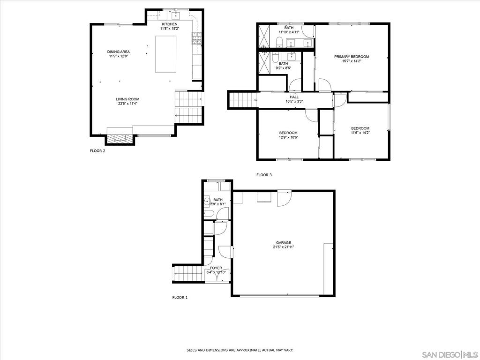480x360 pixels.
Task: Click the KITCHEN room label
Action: (x=169, y=24)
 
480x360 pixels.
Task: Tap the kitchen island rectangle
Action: (x=165, y=54)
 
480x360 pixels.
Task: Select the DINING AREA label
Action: (x=118, y=52)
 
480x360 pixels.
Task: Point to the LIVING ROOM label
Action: (x=127, y=99)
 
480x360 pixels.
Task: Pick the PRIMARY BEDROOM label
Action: (x=352, y=57)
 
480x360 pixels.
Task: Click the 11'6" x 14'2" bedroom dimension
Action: (x=360, y=133)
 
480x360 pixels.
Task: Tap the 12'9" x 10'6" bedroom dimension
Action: (x=288, y=137)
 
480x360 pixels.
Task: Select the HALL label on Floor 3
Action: (x=294, y=97)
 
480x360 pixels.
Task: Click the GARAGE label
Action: (x=284, y=242)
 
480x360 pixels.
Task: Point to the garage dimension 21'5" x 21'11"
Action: (x=284, y=247)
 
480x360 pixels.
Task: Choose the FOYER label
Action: (x=216, y=268)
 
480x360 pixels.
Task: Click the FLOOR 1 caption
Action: (x=180, y=297)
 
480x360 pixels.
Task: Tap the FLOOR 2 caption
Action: (x=97, y=150)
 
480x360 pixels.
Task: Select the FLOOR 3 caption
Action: (x=264, y=175)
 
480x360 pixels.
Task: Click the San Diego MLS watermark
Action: (x=450, y=354)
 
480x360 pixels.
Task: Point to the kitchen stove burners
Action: (x=196, y=38)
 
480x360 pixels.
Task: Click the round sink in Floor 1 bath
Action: (x=207, y=202)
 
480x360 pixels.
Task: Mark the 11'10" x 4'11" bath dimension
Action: (x=289, y=32)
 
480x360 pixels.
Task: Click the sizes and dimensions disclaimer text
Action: (x=240, y=350)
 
